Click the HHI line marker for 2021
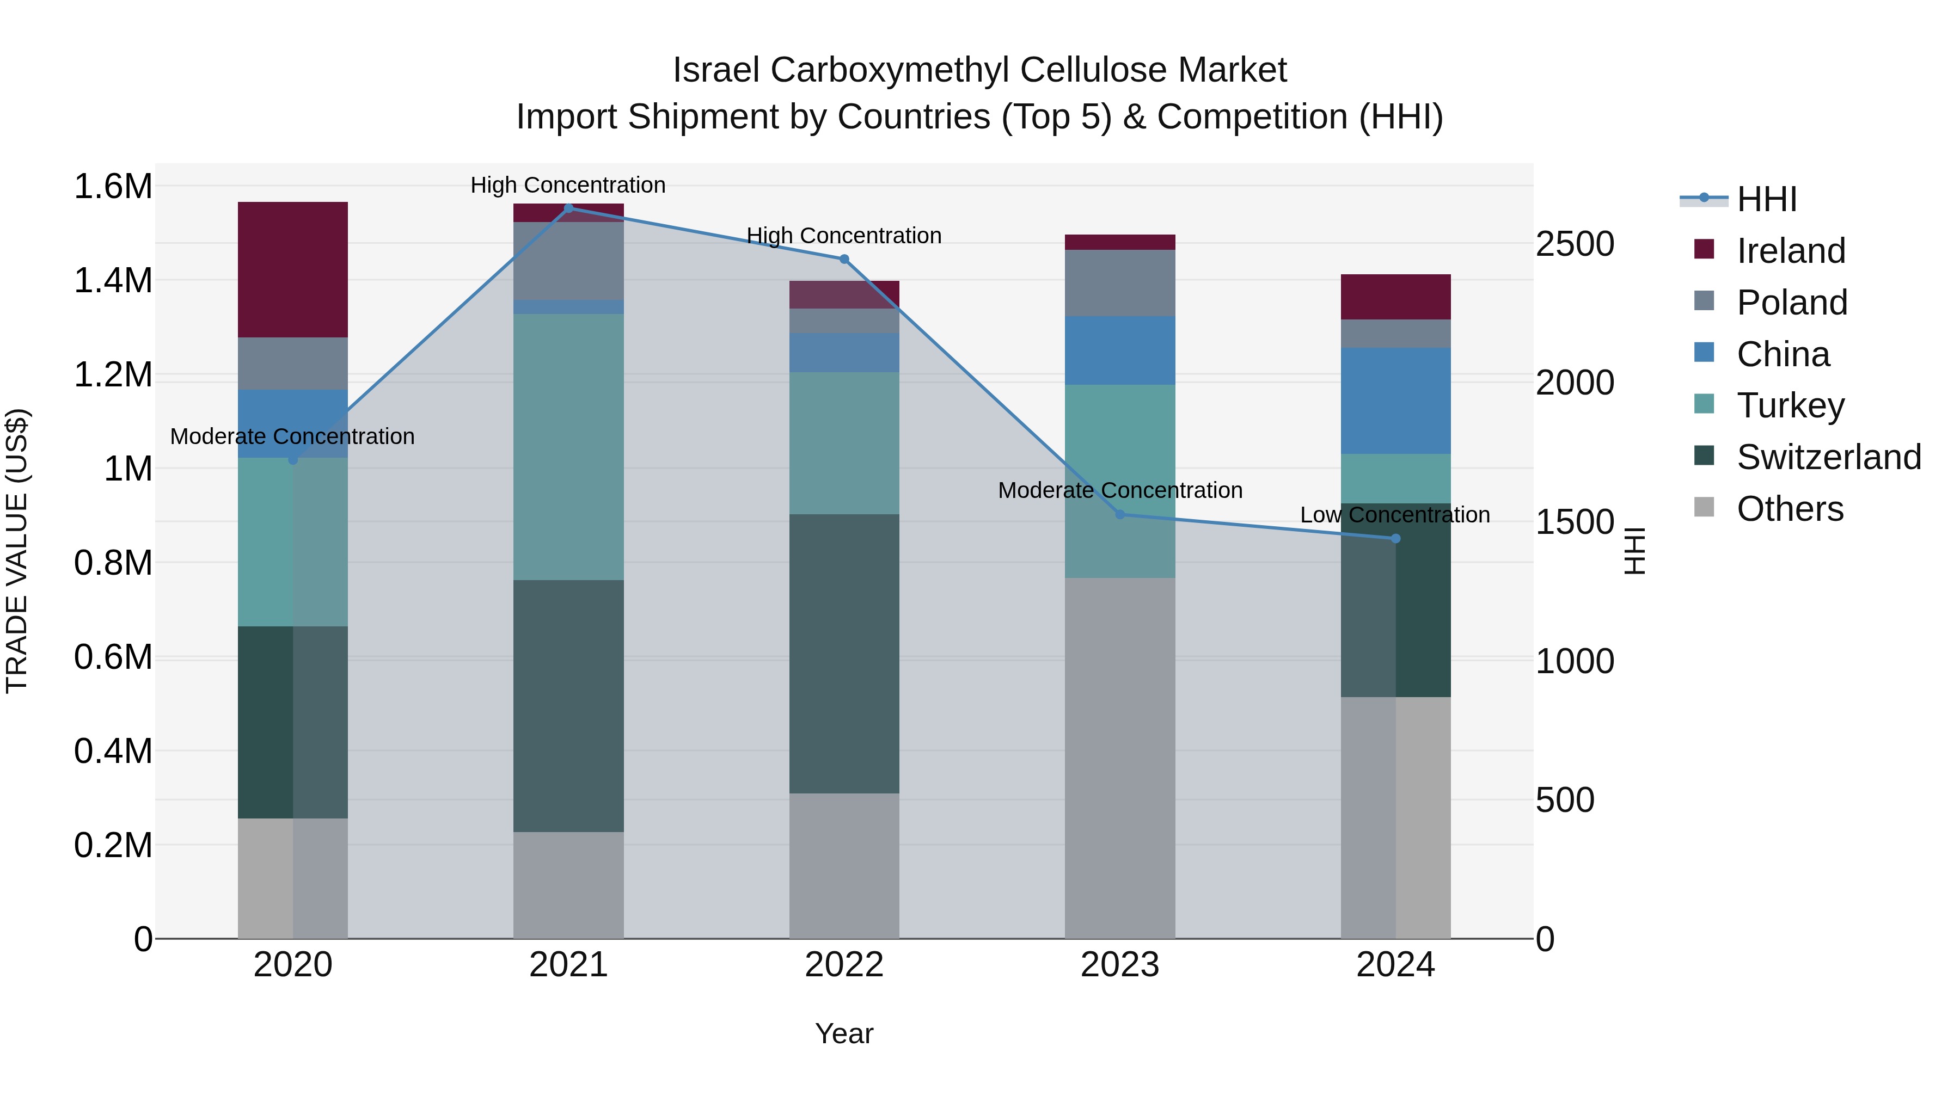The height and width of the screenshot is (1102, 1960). (568, 208)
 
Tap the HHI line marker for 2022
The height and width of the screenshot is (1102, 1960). (844, 260)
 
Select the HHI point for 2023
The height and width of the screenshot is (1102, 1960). (1120, 515)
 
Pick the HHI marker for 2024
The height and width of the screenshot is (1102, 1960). (1395, 538)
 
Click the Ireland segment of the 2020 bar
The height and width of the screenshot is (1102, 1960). (293, 269)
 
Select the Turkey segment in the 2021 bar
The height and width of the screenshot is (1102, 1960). (568, 447)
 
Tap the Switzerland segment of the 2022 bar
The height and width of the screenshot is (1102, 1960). (844, 654)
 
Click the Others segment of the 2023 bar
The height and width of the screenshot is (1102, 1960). (1120, 758)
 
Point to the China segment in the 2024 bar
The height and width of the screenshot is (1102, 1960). (1395, 401)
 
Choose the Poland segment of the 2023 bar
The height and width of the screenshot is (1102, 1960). (1120, 283)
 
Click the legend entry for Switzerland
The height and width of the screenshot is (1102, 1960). (1828, 457)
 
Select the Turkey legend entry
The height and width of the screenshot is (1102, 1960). (1790, 405)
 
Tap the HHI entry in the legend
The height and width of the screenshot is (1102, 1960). (1767, 199)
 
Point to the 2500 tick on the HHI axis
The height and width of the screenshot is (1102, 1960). (1574, 244)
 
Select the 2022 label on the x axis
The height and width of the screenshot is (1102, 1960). (844, 965)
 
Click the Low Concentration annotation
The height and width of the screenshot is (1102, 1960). (1395, 515)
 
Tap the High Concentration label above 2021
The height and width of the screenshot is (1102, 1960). (568, 185)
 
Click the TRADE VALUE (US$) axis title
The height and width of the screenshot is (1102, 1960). (17, 551)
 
